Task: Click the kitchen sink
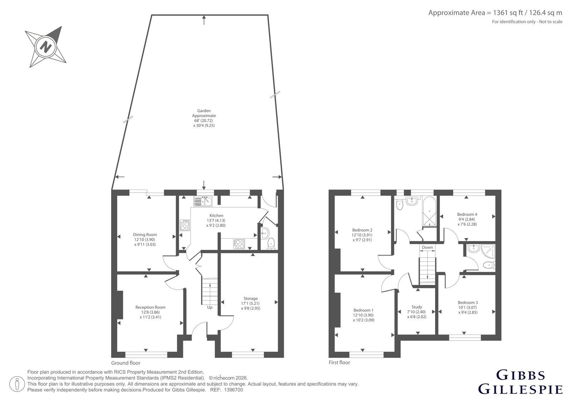coord(203,201)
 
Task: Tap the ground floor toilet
coord(271,244)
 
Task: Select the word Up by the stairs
coord(209,307)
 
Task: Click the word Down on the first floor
coord(427,247)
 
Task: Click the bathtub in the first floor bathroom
coord(429,211)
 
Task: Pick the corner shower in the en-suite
coord(488,251)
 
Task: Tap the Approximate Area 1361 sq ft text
coord(495,13)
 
